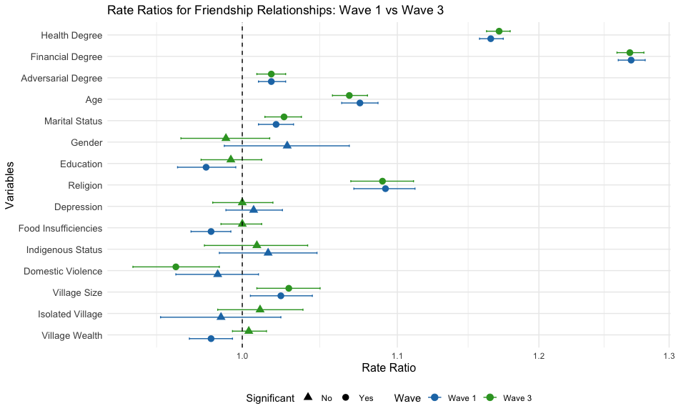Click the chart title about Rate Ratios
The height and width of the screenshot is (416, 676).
[x=276, y=9]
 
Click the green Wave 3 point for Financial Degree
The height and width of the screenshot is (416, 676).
[x=630, y=53]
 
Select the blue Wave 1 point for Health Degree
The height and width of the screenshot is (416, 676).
[x=491, y=39]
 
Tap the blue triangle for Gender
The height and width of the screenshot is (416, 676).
[x=287, y=145]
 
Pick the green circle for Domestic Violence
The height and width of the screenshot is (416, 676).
[x=176, y=267]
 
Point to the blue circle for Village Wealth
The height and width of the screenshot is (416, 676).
[x=211, y=339]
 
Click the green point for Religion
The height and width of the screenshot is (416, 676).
[x=382, y=181]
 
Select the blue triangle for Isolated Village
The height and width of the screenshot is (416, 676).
[x=221, y=317]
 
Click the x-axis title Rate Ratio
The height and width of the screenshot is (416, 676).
[x=389, y=368]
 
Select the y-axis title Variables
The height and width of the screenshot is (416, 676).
[x=9, y=185]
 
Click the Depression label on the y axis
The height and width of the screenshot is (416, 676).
[x=78, y=207]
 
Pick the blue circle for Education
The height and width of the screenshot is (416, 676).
[x=206, y=167]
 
